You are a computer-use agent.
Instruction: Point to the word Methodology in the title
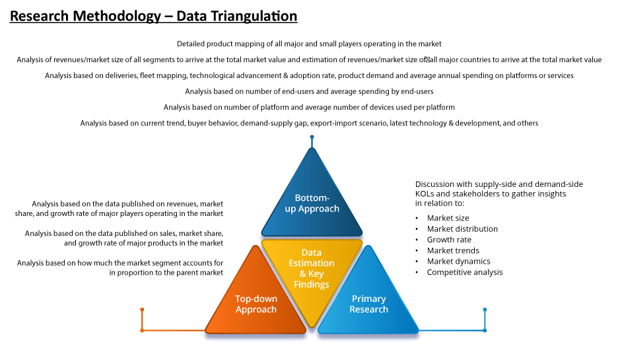pyautogui.click(x=117, y=17)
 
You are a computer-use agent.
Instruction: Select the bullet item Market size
pyautogui.click(x=448, y=218)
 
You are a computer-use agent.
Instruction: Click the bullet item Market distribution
pyautogui.click(x=462, y=229)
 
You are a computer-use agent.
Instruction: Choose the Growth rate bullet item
pyautogui.click(x=449, y=240)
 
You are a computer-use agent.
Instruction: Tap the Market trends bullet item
pyautogui.click(x=453, y=250)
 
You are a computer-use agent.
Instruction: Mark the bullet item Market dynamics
pyautogui.click(x=458, y=262)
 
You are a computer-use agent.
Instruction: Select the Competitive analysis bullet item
pyautogui.click(x=464, y=272)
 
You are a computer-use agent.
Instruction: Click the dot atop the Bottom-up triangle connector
pyautogui.click(x=312, y=137)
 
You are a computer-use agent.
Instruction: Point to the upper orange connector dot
pyautogui.click(x=142, y=310)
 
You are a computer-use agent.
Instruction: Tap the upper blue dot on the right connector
pyautogui.click(x=485, y=310)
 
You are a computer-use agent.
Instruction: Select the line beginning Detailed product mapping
pyautogui.click(x=309, y=44)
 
